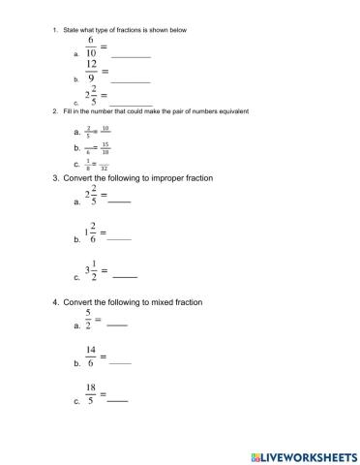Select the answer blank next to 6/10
(130, 57)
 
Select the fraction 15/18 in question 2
(105, 147)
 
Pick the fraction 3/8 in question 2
(87, 164)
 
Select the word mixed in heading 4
(160, 302)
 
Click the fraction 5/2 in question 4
(88, 321)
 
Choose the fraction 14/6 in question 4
(90, 358)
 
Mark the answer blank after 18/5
(117, 399)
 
